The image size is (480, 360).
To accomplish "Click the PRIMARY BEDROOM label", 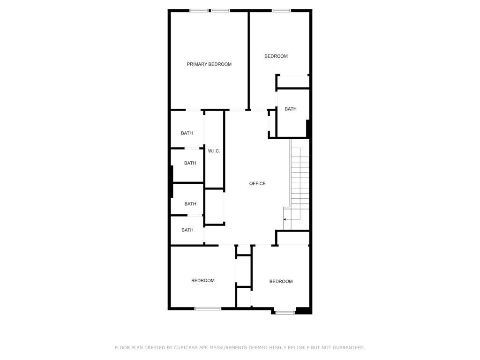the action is (209, 64).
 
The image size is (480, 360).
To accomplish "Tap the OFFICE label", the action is (257, 183).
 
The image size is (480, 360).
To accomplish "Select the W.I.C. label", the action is (214, 151).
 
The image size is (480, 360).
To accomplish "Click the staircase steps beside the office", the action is (300, 184).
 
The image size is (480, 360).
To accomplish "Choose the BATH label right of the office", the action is (291, 109).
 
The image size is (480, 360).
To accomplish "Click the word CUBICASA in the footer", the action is (185, 347).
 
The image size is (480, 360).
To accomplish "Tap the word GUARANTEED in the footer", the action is (349, 347).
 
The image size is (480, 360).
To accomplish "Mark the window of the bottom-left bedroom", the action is (208, 308).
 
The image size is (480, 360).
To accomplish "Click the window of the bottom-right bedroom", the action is (285, 313).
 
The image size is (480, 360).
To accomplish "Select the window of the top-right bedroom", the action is (281, 11).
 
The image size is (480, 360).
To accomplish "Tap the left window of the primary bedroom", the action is (199, 11).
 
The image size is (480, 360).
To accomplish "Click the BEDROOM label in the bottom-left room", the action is (202, 280).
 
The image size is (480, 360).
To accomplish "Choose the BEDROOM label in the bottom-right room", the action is (281, 281).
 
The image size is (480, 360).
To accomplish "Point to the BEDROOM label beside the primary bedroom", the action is (276, 56).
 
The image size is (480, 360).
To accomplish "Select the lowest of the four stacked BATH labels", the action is (187, 230).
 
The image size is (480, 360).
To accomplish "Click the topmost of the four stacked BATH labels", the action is (187, 133).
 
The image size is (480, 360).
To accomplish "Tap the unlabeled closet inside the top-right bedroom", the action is (293, 82).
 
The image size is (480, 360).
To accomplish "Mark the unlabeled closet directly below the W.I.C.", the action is (214, 207).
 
